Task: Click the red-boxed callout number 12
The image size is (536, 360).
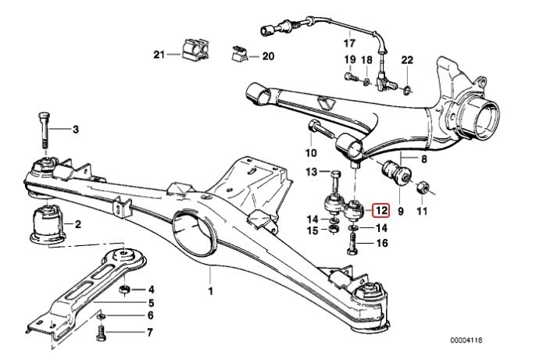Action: [x=381, y=210]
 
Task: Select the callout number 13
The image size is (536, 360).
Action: [x=310, y=172]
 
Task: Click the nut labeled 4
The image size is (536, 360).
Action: [x=123, y=290]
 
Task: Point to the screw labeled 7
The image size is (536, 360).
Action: [x=101, y=334]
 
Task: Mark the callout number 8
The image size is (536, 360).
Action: [x=423, y=159]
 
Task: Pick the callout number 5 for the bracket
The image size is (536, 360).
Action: [x=150, y=303]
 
